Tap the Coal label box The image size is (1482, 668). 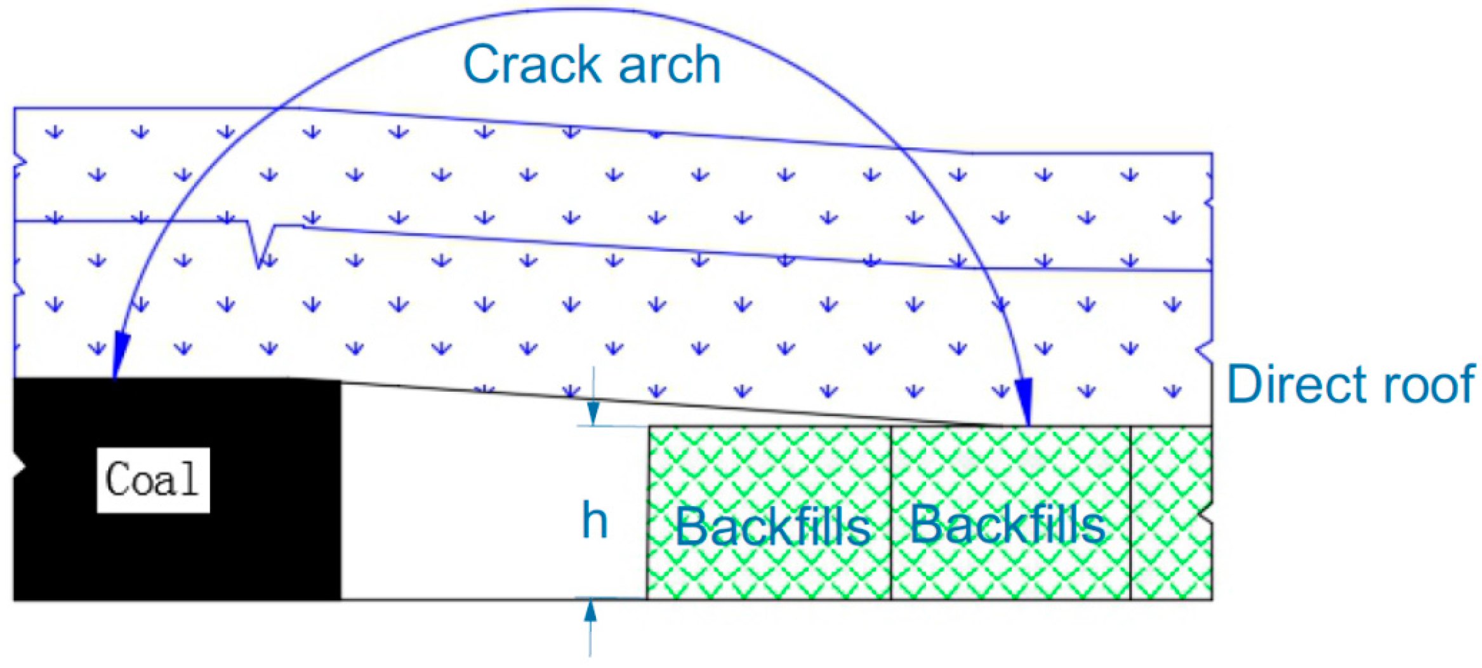pyautogui.click(x=153, y=479)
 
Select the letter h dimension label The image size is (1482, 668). pyautogui.click(x=595, y=520)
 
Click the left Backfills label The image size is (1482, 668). pyautogui.click(x=772, y=526)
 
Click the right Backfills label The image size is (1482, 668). pyautogui.click(x=1008, y=525)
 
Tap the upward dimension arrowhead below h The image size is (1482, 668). pyautogui.click(x=590, y=611)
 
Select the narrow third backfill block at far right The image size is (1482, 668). pyautogui.click(x=1171, y=513)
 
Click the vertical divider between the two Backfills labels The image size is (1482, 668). pyautogui.click(x=891, y=513)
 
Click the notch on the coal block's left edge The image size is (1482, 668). pyautogui.click(x=21, y=467)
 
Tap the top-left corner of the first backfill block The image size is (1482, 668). pyautogui.click(x=649, y=427)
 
